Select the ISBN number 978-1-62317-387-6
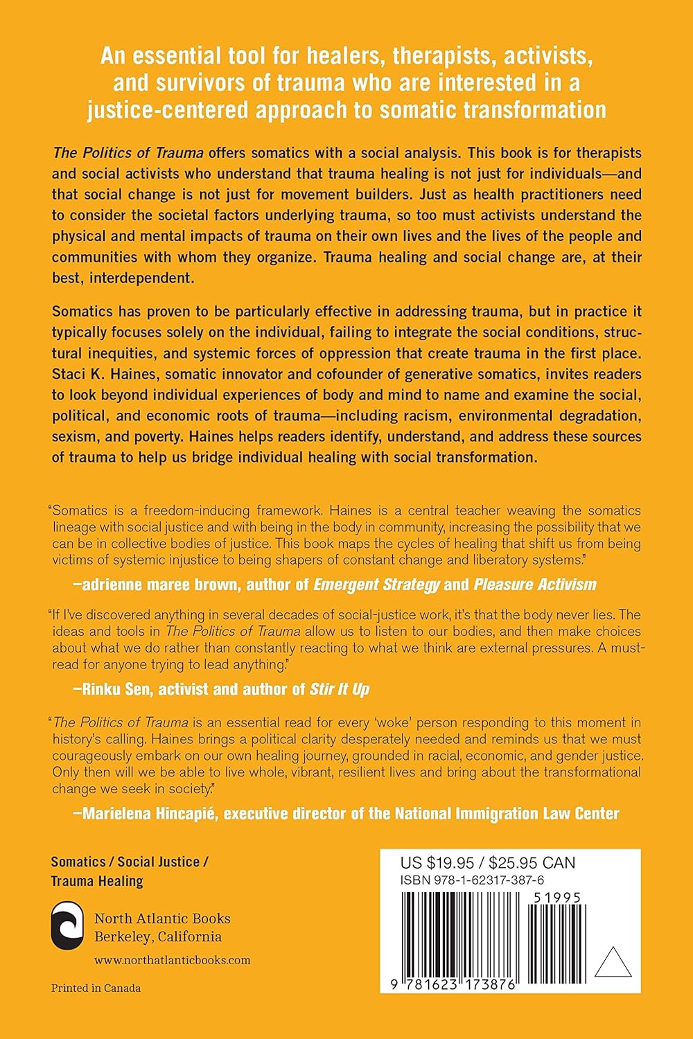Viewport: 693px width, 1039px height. point(472,880)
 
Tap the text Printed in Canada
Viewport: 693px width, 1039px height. point(96,988)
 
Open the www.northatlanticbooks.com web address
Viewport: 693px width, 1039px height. point(172,960)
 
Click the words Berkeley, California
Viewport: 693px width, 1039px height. point(158,937)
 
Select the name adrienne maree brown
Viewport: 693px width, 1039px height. point(161,584)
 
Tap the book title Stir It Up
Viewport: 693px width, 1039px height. point(339,689)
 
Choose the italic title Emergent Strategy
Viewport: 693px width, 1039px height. point(376,584)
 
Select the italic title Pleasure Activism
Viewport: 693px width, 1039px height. point(534,584)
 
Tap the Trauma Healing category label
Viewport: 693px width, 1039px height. point(97,881)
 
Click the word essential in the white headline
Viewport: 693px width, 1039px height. point(191,56)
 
